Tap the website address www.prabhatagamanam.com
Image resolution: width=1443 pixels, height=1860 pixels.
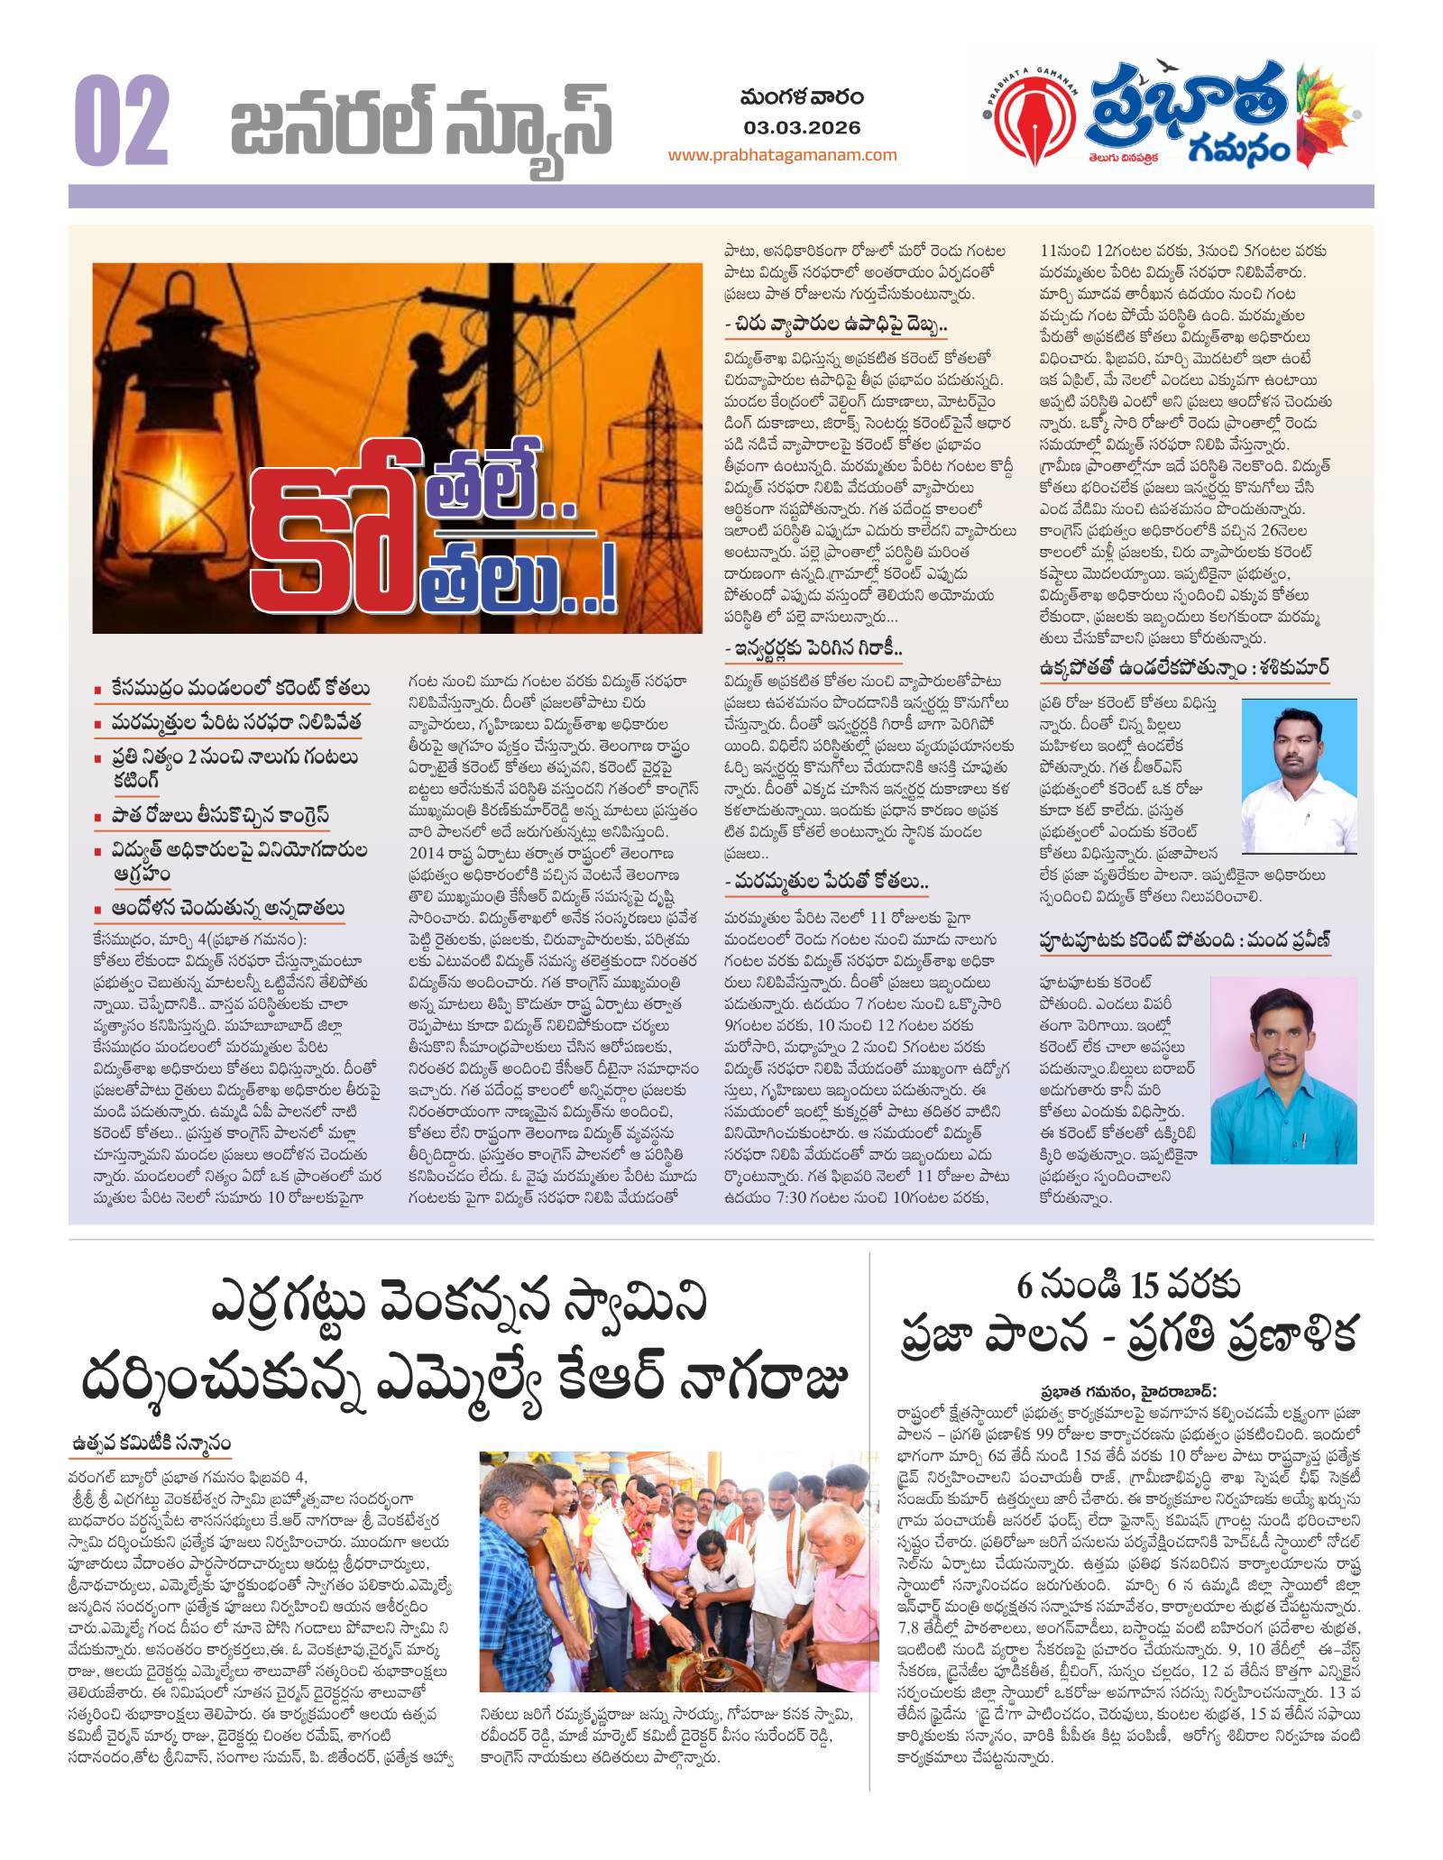pyautogui.click(x=782, y=155)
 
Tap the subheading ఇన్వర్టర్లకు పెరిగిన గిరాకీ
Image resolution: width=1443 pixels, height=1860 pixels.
pyautogui.click(x=816, y=648)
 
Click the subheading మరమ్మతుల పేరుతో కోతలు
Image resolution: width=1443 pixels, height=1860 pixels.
pyautogui.click(x=828, y=881)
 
